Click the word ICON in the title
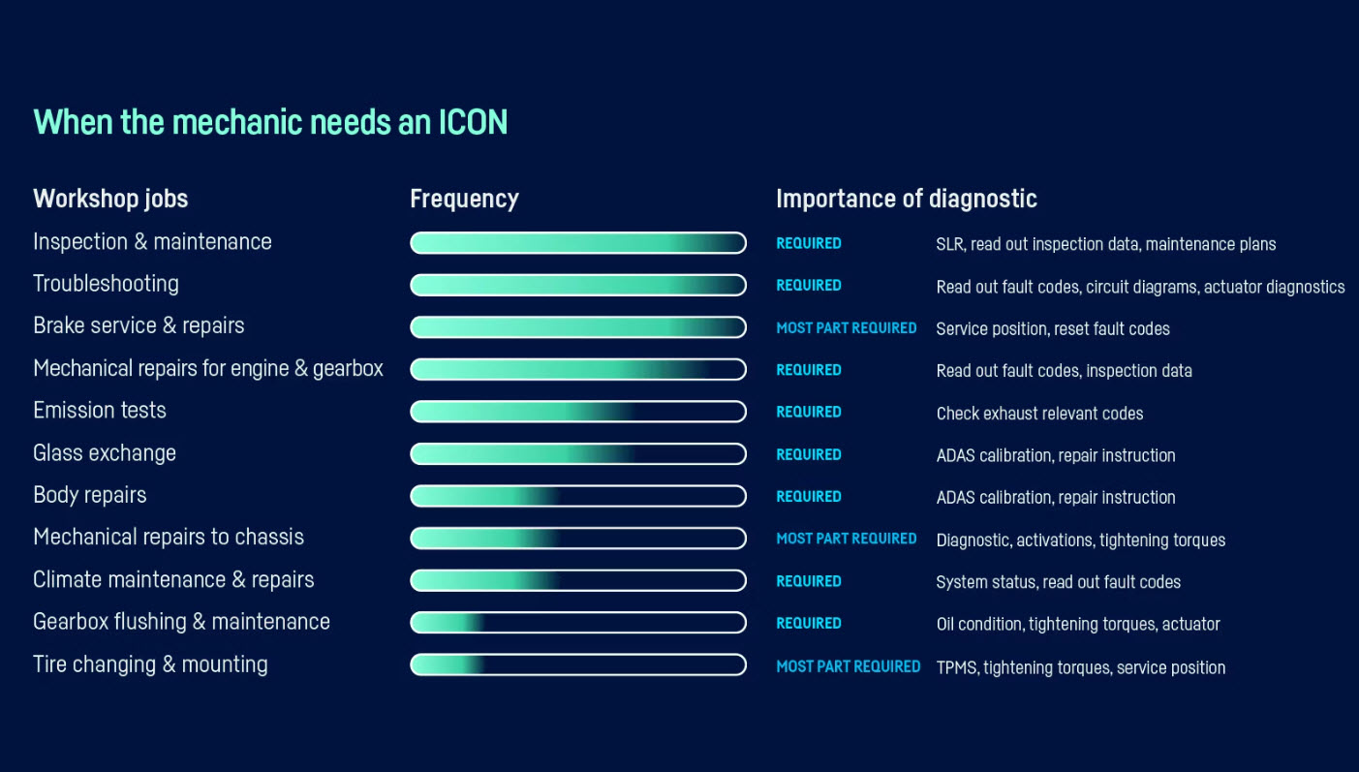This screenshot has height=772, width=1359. point(473,122)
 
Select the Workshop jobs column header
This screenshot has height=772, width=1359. point(110,200)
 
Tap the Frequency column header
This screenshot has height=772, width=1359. point(464,200)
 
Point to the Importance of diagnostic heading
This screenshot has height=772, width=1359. point(907,200)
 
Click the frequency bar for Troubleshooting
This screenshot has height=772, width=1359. point(578,285)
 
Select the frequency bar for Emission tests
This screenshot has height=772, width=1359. point(578,412)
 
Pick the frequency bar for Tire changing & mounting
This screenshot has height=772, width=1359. point(578,664)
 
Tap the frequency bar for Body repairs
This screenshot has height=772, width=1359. point(578,496)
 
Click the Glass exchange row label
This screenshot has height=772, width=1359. point(105,453)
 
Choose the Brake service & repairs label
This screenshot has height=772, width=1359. point(139,325)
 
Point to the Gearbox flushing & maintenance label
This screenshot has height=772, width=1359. point(181,622)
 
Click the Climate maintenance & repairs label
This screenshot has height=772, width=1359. point(173,579)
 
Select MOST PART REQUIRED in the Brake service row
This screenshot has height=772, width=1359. point(847,328)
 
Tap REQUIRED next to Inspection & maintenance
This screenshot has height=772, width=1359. point(809,243)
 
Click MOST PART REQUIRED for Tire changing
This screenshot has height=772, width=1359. point(849,666)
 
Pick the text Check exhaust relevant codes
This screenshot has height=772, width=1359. point(1039,414)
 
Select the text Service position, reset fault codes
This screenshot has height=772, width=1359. point(1053,329)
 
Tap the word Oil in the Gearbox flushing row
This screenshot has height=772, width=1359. point(945,624)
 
